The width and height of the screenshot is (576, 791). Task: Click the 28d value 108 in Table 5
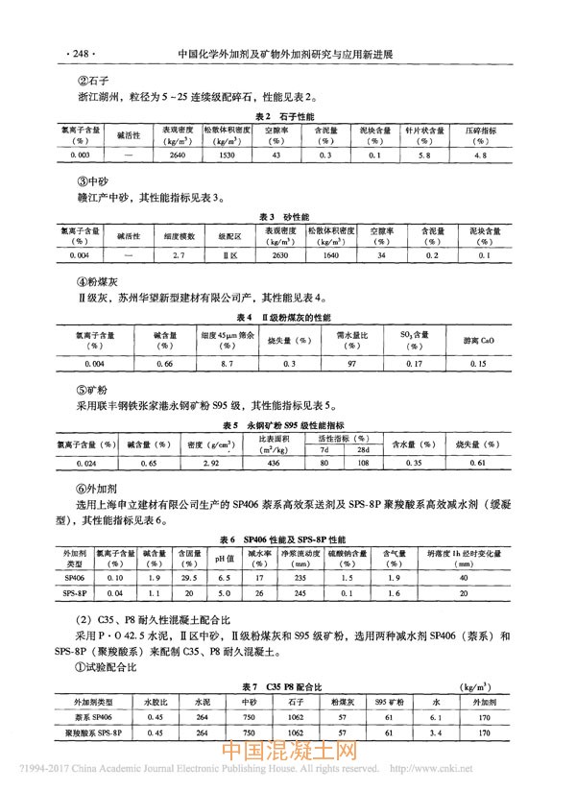[x=363, y=463]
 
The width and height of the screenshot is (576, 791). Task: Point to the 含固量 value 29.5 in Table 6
[x=189, y=579]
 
